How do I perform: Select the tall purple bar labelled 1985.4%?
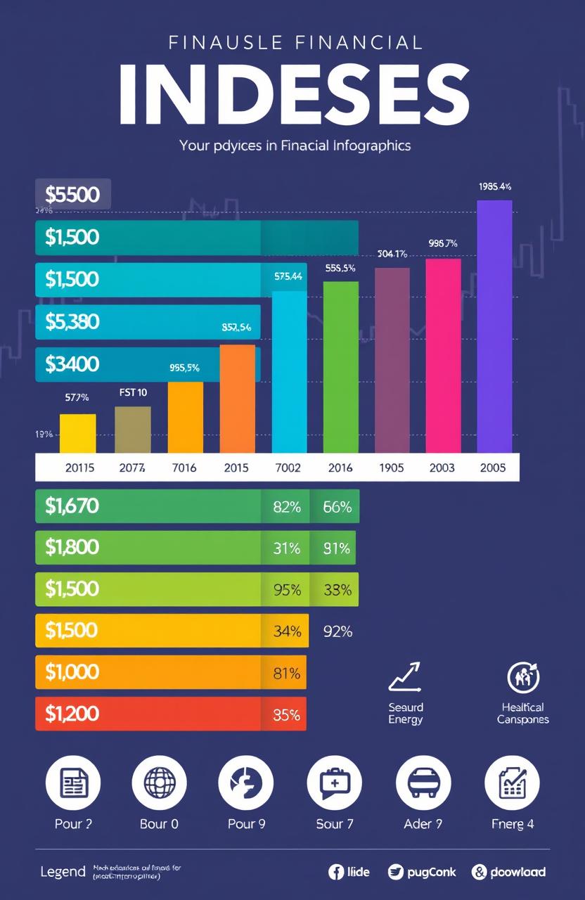(494, 326)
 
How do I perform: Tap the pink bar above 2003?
(443, 355)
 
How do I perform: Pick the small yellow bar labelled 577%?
(77, 433)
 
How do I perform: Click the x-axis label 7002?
(288, 468)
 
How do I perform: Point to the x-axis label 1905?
(392, 468)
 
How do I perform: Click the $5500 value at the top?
(72, 194)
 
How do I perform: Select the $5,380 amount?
(72, 321)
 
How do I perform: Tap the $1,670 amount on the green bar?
(72, 506)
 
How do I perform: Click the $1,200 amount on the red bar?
(72, 714)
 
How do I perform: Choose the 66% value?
(337, 506)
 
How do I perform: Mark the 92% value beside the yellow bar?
(337, 631)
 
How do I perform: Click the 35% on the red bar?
(285, 715)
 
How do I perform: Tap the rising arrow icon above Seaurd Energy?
(404, 677)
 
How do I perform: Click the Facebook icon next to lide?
(336, 872)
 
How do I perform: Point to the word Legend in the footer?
(63, 872)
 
